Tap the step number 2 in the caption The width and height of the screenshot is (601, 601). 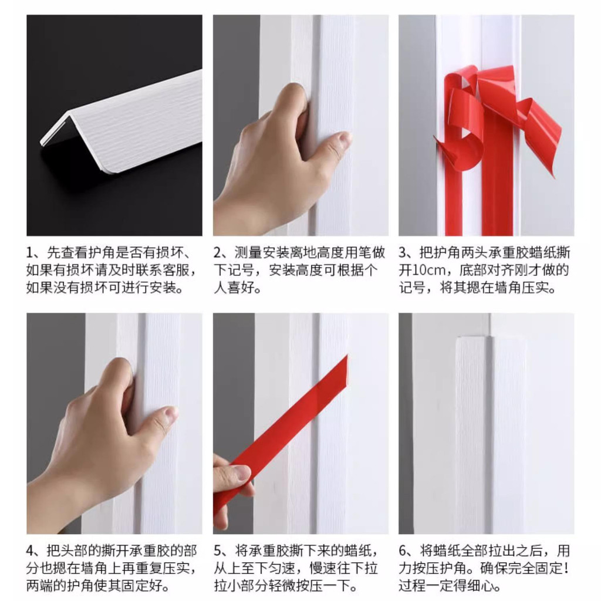coord(218,253)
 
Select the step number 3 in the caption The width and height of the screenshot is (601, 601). coord(403,253)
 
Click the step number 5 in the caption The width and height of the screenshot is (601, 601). coord(218,551)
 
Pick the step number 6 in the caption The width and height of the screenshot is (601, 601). coord(403,551)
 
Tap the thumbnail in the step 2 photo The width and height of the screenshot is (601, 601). coord(342,138)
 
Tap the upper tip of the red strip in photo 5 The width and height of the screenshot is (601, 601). coord(347,356)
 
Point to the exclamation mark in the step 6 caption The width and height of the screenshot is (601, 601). coord(566,568)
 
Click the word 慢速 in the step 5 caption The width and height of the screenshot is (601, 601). coord(323,568)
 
